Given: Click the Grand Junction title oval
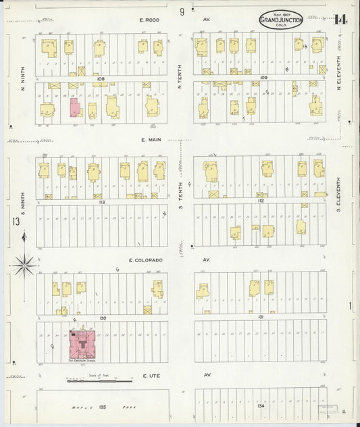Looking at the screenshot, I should [281, 20].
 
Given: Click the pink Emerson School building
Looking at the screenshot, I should [84, 344].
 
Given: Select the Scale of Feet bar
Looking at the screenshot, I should [101, 381].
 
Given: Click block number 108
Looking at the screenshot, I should [101, 78].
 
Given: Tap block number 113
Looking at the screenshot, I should [102, 201].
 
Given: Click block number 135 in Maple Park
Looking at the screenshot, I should [103, 407].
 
